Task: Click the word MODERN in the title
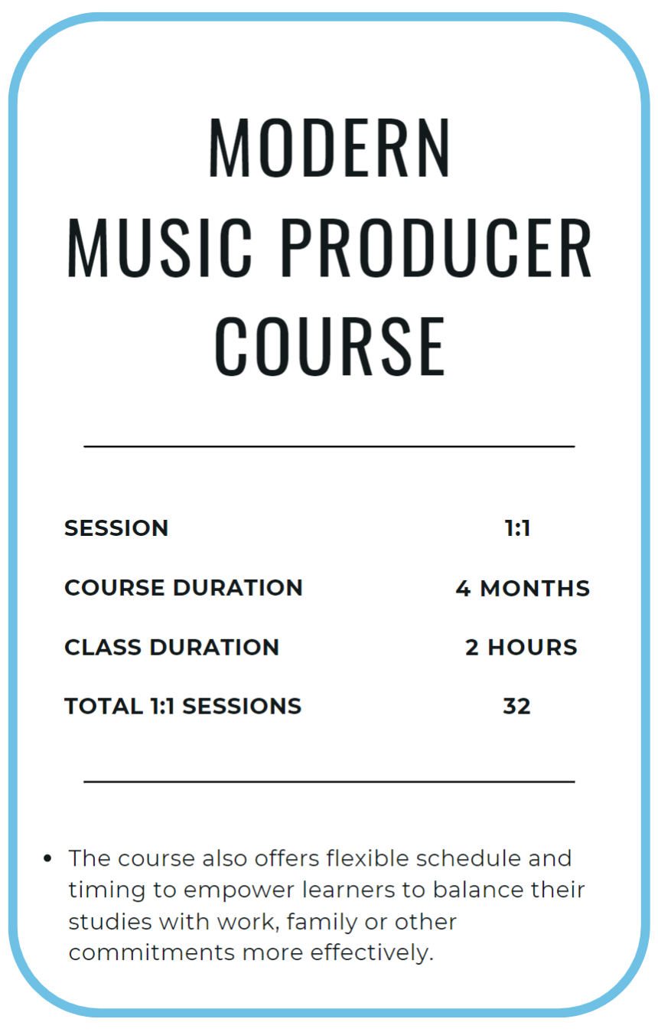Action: click(x=329, y=148)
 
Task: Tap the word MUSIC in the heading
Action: click(x=160, y=248)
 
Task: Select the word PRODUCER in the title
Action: click(x=435, y=248)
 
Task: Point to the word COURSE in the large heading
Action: click(x=330, y=346)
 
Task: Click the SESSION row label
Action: click(x=116, y=528)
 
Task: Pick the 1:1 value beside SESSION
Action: click(x=517, y=528)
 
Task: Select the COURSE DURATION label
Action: click(x=184, y=588)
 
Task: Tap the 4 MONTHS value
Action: click(x=523, y=588)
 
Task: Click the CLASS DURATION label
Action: click(x=171, y=648)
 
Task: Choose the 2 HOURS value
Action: click(x=521, y=648)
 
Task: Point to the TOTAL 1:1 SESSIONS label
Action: click(x=183, y=707)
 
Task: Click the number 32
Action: click(x=516, y=707)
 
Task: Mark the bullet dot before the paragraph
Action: click(x=47, y=858)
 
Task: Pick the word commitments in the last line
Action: click(x=152, y=953)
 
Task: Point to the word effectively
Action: click(x=372, y=953)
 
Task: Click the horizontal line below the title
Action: click(x=329, y=446)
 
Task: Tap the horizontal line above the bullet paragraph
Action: click(x=329, y=782)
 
